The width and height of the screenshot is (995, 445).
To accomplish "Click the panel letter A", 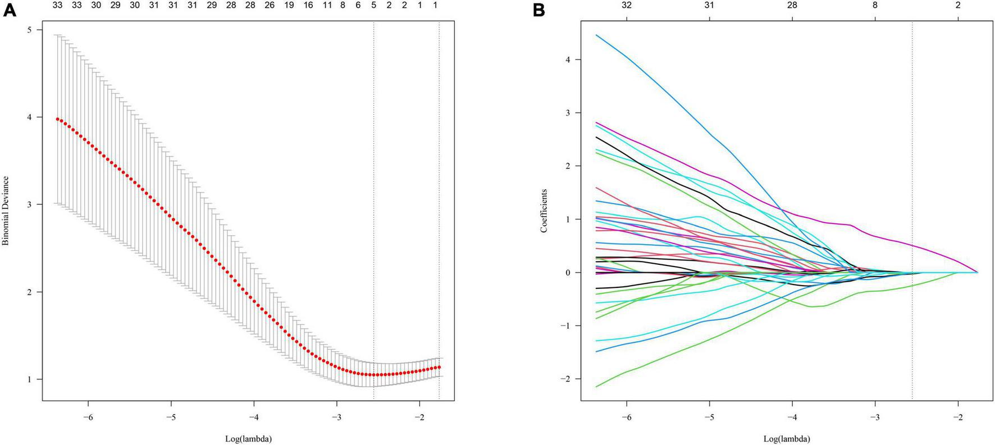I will [10, 10].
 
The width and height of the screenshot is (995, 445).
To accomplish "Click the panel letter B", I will [539, 10].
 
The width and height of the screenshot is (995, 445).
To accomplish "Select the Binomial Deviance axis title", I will [6, 211].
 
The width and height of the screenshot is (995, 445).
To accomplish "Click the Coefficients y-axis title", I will [544, 211].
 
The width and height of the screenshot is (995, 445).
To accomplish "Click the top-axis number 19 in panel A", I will [289, 5].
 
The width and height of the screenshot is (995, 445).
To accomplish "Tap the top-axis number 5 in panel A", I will [373, 5].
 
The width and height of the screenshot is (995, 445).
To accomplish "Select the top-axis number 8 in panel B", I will [875, 5].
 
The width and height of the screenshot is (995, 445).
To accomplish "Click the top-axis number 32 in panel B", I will [627, 5].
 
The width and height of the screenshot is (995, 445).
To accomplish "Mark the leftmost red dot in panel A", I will [57, 119].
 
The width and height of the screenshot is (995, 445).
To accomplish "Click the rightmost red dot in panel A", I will [439, 368].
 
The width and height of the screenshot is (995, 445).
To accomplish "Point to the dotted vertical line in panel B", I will [912, 168].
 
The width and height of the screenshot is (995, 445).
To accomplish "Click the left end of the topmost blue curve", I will [597, 35].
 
